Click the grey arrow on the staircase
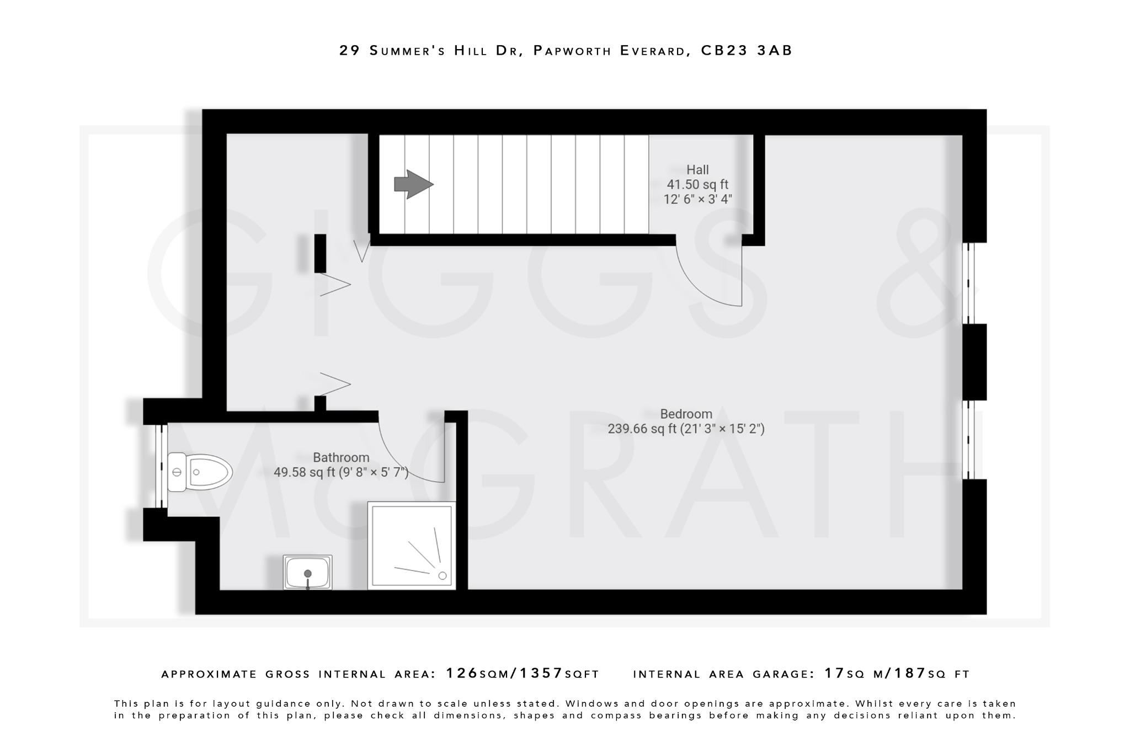click(x=413, y=184)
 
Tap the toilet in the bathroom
click(x=200, y=472)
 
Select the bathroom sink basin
click(x=307, y=573)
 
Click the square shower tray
click(x=412, y=545)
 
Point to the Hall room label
click(x=697, y=170)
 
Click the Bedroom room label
click(x=686, y=414)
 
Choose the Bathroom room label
click(x=341, y=457)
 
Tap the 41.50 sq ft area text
click(x=697, y=185)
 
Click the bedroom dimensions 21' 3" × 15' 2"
click(x=722, y=429)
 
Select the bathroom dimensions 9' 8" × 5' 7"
click(x=374, y=473)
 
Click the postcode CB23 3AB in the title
click(x=747, y=51)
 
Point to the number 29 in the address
click(x=349, y=51)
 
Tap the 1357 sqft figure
click(x=541, y=674)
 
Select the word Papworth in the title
click(x=573, y=51)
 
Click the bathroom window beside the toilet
click(x=161, y=466)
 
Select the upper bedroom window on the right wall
click(x=968, y=283)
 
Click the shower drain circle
click(x=442, y=576)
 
